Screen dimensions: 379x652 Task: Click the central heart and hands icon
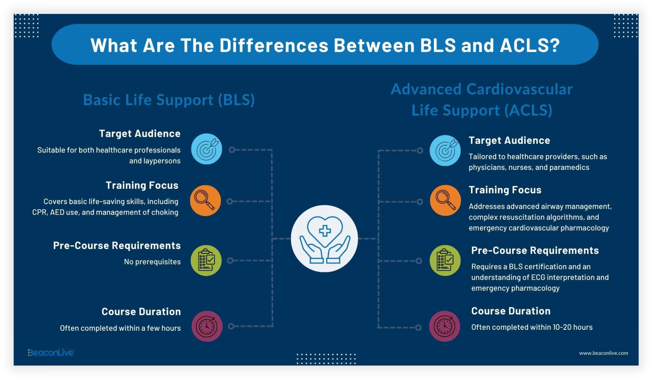[x=324, y=238]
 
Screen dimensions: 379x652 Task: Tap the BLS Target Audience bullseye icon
[x=206, y=149]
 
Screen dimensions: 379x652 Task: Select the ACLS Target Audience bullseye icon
[x=445, y=150]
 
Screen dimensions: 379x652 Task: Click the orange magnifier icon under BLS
[x=205, y=201]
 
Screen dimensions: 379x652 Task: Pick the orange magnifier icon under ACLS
[x=445, y=200]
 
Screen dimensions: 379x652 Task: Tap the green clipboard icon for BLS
[x=206, y=260]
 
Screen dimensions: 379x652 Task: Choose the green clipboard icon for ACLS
[x=445, y=260]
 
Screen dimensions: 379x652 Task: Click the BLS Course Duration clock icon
[x=207, y=326]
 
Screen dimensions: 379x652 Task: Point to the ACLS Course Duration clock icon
[x=444, y=326]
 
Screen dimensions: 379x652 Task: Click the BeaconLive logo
[x=51, y=353]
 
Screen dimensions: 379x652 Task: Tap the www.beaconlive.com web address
[x=603, y=353]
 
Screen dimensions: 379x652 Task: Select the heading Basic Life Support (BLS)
[x=169, y=100]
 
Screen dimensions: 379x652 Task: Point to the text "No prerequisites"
[x=152, y=262]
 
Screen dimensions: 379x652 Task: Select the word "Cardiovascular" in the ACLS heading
[x=519, y=89]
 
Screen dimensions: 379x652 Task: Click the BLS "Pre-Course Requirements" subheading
[x=117, y=246]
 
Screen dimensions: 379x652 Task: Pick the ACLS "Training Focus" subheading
[x=505, y=190]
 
